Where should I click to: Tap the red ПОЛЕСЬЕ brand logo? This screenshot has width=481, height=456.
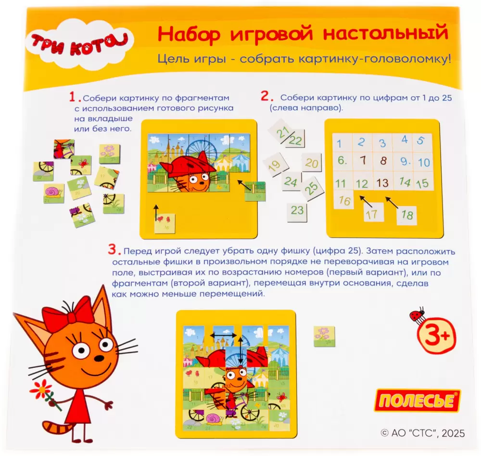[x=418, y=401]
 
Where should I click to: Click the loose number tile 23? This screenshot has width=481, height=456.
[x=297, y=211]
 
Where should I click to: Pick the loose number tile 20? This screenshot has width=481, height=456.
[x=311, y=162]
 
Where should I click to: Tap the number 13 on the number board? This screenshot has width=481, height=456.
[x=382, y=183]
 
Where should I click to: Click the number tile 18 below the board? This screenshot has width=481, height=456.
[x=407, y=215]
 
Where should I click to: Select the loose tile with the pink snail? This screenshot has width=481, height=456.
[x=54, y=194]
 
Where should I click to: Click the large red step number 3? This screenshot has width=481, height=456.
[x=114, y=249]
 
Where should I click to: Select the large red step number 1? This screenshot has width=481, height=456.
[x=74, y=97]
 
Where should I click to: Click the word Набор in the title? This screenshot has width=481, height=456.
[x=189, y=34]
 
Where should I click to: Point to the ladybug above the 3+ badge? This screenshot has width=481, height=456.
[x=417, y=314]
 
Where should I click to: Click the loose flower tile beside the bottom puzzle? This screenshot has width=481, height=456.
[x=324, y=337]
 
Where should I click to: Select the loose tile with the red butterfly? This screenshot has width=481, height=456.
[x=81, y=165]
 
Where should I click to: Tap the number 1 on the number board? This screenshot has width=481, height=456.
[x=339, y=143]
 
